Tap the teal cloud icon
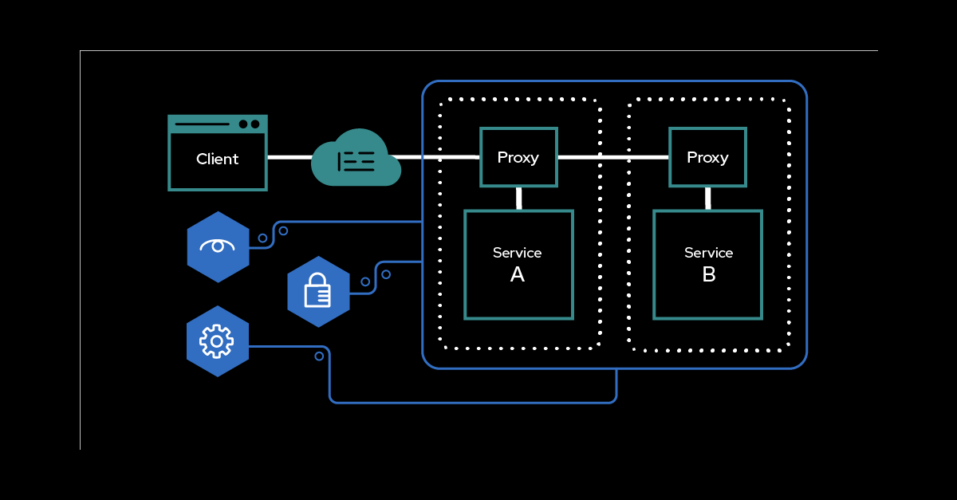[356, 160]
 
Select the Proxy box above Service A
[518, 157]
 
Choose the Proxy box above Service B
[707, 157]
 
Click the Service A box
[518, 264]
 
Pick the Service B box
[707, 264]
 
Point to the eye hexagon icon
[218, 246]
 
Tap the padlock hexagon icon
[318, 291]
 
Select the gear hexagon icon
[217, 341]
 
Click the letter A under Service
[518, 275]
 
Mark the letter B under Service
[708, 275]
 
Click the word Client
[217, 159]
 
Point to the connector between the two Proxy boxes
[612, 157]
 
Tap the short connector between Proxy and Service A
[518, 199]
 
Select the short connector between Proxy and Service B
[707, 199]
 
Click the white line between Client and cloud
[289, 157]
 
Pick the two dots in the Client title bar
[249, 124]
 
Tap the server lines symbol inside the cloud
[356, 162]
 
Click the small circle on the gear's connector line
[319, 356]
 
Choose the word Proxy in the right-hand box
[707, 157]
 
